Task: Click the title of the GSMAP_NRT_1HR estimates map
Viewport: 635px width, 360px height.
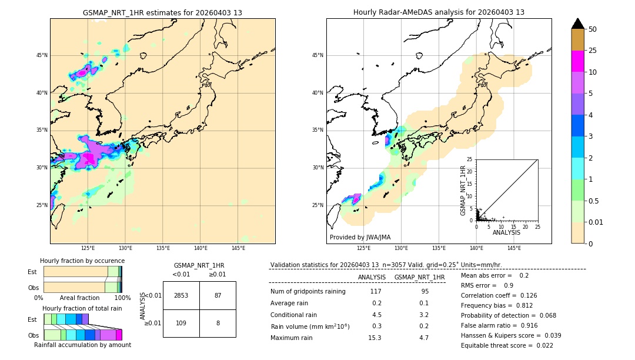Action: point(162,12)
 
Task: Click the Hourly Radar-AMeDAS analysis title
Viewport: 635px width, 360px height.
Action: point(439,12)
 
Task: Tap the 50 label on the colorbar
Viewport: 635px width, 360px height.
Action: point(593,29)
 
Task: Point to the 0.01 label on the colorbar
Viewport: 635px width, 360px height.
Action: point(596,222)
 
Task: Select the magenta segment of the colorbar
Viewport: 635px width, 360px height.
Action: point(577,61)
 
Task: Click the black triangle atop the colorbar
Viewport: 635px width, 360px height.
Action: point(578,24)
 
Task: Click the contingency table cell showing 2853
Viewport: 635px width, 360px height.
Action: point(181,295)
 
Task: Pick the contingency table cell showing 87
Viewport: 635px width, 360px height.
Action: point(218,295)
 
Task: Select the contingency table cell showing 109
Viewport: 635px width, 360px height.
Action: point(181,324)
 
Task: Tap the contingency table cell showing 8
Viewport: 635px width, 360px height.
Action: point(218,324)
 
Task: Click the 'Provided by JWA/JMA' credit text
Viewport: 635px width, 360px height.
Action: point(360,238)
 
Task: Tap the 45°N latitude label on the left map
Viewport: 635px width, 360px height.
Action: point(42,55)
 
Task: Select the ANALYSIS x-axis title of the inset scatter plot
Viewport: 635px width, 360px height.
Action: point(507,232)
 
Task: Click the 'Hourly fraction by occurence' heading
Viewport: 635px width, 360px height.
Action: point(82,261)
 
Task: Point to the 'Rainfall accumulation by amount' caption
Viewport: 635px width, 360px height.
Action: point(82,345)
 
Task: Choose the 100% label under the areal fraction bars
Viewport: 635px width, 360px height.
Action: point(122,298)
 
